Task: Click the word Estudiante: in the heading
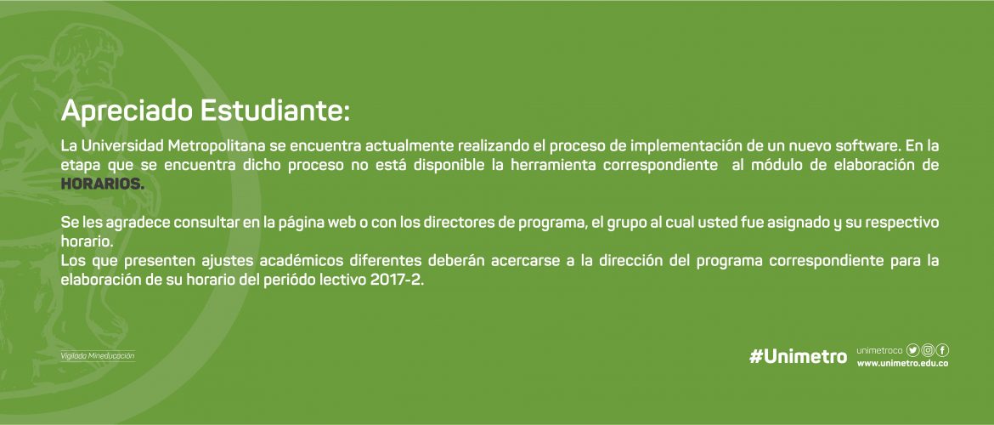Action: [275, 110]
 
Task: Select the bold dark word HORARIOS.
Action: [103, 184]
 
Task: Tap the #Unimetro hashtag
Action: [798, 356]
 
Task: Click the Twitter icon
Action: [912, 350]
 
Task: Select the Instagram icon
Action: [928, 350]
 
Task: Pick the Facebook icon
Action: [943, 350]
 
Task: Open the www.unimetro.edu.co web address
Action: [903, 364]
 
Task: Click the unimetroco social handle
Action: [879, 351]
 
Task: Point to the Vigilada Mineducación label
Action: [98, 356]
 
